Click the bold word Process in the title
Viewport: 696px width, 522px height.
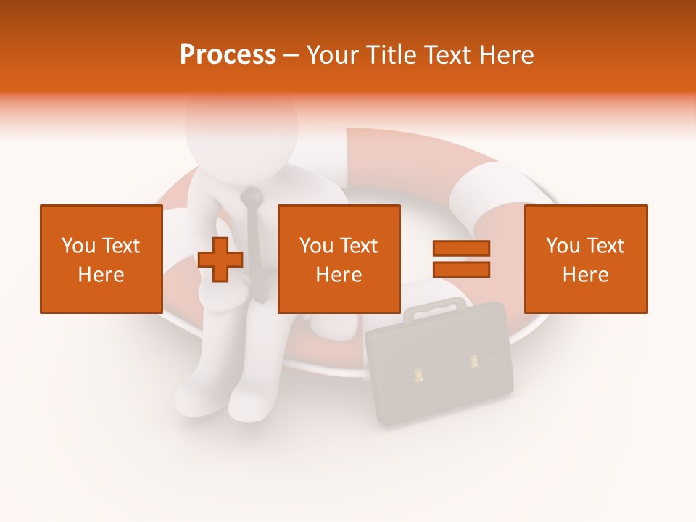click(228, 55)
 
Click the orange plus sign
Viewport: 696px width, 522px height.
click(220, 259)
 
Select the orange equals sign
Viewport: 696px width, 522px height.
click(461, 259)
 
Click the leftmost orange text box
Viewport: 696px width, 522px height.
click(101, 259)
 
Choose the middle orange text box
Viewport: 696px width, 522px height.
click(339, 259)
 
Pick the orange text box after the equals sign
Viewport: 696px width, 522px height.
click(585, 259)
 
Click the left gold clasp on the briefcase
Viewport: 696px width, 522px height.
click(418, 375)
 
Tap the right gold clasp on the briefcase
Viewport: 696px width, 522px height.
click(474, 360)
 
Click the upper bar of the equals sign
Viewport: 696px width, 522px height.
click(461, 249)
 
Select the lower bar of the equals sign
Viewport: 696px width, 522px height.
click(461, 269)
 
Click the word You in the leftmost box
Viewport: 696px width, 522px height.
click(78, 246)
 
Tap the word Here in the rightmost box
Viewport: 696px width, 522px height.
click(585, 274)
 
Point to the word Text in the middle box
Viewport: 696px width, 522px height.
click(359, 246)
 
